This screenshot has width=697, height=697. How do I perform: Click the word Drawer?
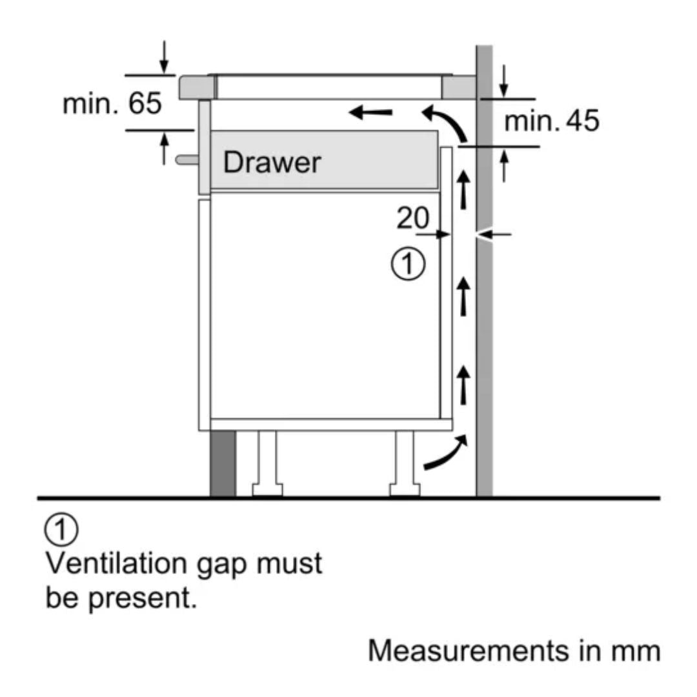coord(271,163)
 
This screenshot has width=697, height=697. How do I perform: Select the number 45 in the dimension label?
coord(581,121)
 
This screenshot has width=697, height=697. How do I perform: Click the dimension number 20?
coord(412,219)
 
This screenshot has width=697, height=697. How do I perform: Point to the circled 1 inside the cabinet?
coord(409,265)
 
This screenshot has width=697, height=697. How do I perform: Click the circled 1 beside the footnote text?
coord(61,530)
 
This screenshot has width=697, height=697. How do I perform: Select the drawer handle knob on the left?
coord(186,159)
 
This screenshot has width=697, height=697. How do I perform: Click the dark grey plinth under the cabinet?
coord(222,463)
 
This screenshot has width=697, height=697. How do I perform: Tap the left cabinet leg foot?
coord(267,489)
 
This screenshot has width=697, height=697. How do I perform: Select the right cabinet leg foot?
coord(405,489)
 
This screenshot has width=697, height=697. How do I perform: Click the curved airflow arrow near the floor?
coord(445,453)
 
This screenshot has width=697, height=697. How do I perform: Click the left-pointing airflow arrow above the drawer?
coord(370,113)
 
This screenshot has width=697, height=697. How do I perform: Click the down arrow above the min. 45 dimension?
coord(504,80)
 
